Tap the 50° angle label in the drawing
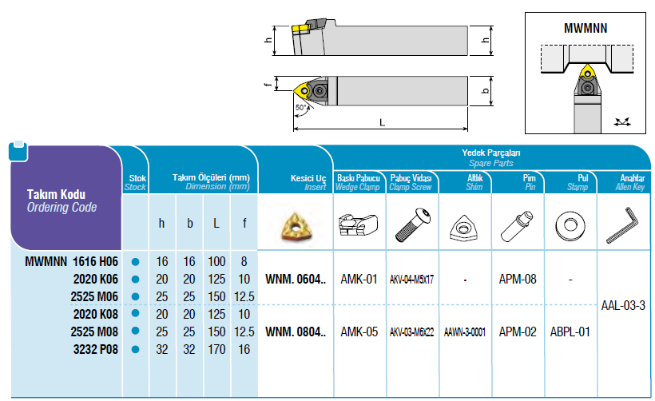pos(301,107)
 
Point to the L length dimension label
pos(382,122)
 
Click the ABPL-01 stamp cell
pos(570,332)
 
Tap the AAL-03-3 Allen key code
pos(622,305)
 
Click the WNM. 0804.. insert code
pos(295,332)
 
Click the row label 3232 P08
pos(96,349)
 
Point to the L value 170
pos(216,349)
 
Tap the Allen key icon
pos(622,225)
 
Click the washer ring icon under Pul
pos(570,224)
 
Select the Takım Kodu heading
pos(56,194)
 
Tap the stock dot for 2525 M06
pos(135,296)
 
